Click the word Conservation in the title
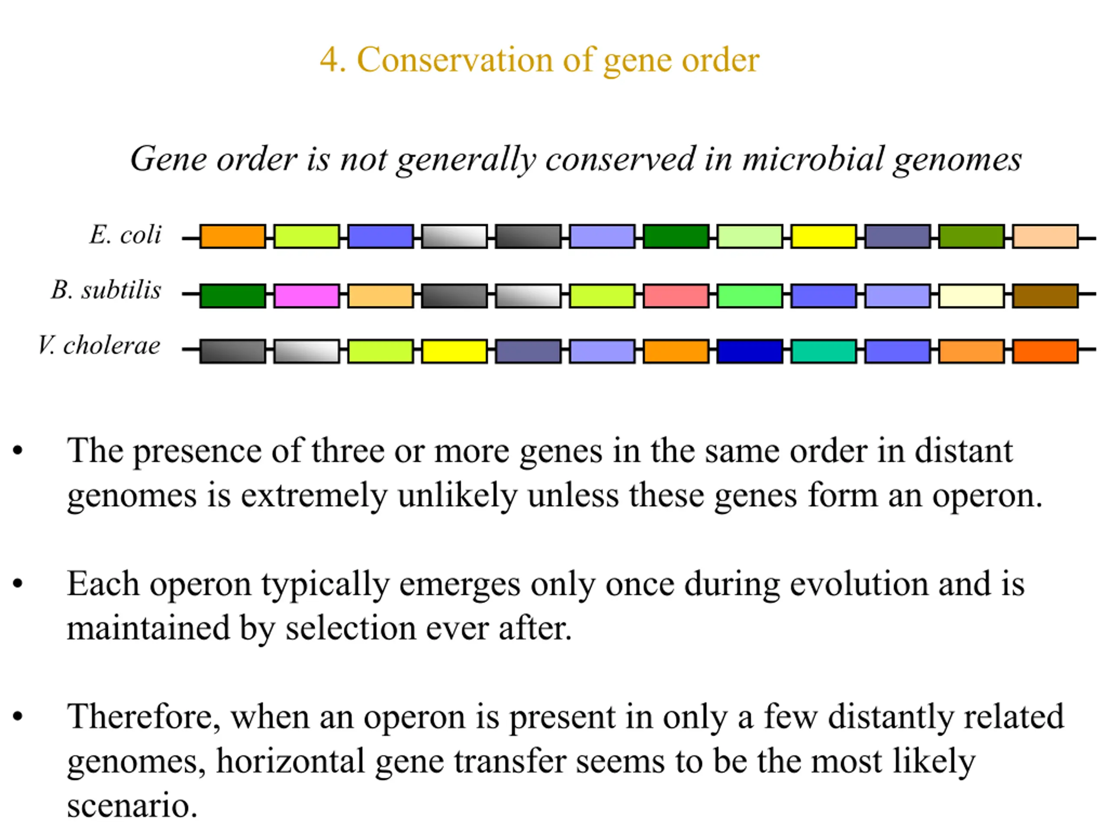[x=455, y=60]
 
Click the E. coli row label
[x=126, y=235]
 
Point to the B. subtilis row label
[x=106, y=290]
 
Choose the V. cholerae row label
[x=100, y=345]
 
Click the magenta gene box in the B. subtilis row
[x=306, y=296]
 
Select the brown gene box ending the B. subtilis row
[x=1045, y=296]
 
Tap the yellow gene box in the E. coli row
[x=824, y=236]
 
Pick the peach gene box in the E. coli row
[x=1045, y=236]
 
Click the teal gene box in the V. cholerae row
[x=824, y=351]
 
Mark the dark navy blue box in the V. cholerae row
[x=750, y=351]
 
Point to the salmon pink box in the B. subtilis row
[x=676, y=296]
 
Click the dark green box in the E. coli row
[x=676, y=236]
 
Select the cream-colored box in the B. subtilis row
[x=971, y=296]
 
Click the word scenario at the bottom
[x=132, y=805]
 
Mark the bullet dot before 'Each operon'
[x=18, y=583]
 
